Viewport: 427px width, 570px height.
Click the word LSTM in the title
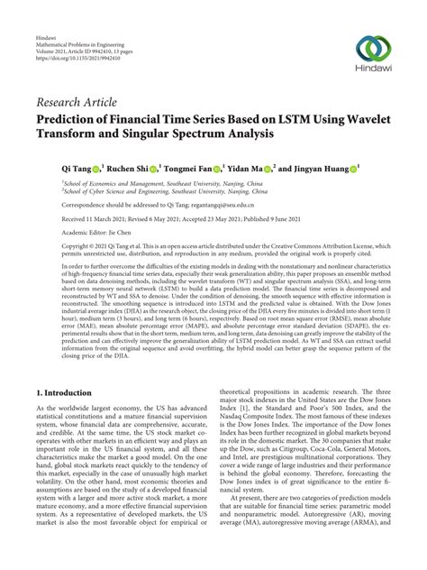coord(291,117)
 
